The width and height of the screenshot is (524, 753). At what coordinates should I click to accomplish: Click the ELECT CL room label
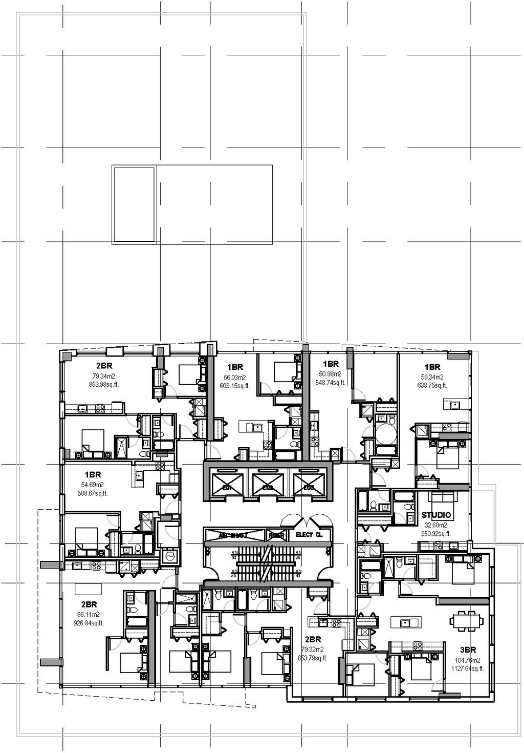click(x=309, y=535)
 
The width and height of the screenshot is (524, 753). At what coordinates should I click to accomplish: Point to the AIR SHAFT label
click(x=233, y=535)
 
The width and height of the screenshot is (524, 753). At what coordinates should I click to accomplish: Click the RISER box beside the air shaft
click(x=276, y=535)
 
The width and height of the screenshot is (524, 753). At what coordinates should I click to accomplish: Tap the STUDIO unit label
click(x=436, y=515)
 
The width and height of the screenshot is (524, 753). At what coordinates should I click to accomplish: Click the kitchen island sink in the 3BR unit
click(x=406, y=622)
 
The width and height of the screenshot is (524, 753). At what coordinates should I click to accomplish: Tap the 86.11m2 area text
click(x=89, y=614)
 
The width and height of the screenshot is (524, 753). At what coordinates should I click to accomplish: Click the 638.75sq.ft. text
click(x=432, y=385)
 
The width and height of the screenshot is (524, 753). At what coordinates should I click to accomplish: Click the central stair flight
click(x=265, y=563)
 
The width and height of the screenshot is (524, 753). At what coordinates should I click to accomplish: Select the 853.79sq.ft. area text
click(x=312, y=658)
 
